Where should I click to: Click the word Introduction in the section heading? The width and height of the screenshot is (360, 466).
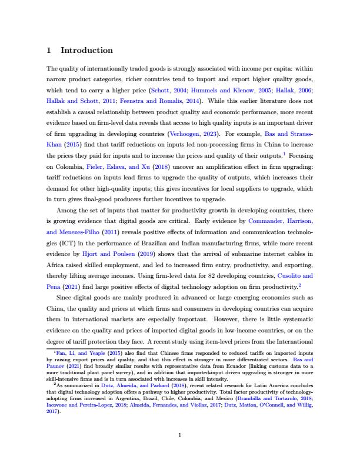click(86, 51)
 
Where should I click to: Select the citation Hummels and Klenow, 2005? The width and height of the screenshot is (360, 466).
click(215, 91)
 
